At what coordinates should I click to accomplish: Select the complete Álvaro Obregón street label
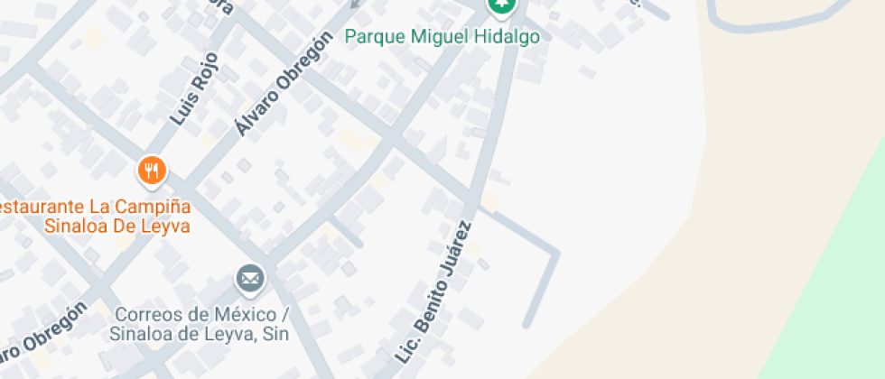point(279,85)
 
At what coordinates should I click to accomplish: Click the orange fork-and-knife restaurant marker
point(151,169)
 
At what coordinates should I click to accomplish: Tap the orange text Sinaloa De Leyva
point(117,226)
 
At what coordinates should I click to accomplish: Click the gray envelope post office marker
point(250,278)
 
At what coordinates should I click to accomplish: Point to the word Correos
point(149,315)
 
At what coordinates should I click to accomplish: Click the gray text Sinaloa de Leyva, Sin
point(199,334)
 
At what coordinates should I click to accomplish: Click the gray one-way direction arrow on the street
point(354,3)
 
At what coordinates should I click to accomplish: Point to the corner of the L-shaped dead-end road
point(554,252)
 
